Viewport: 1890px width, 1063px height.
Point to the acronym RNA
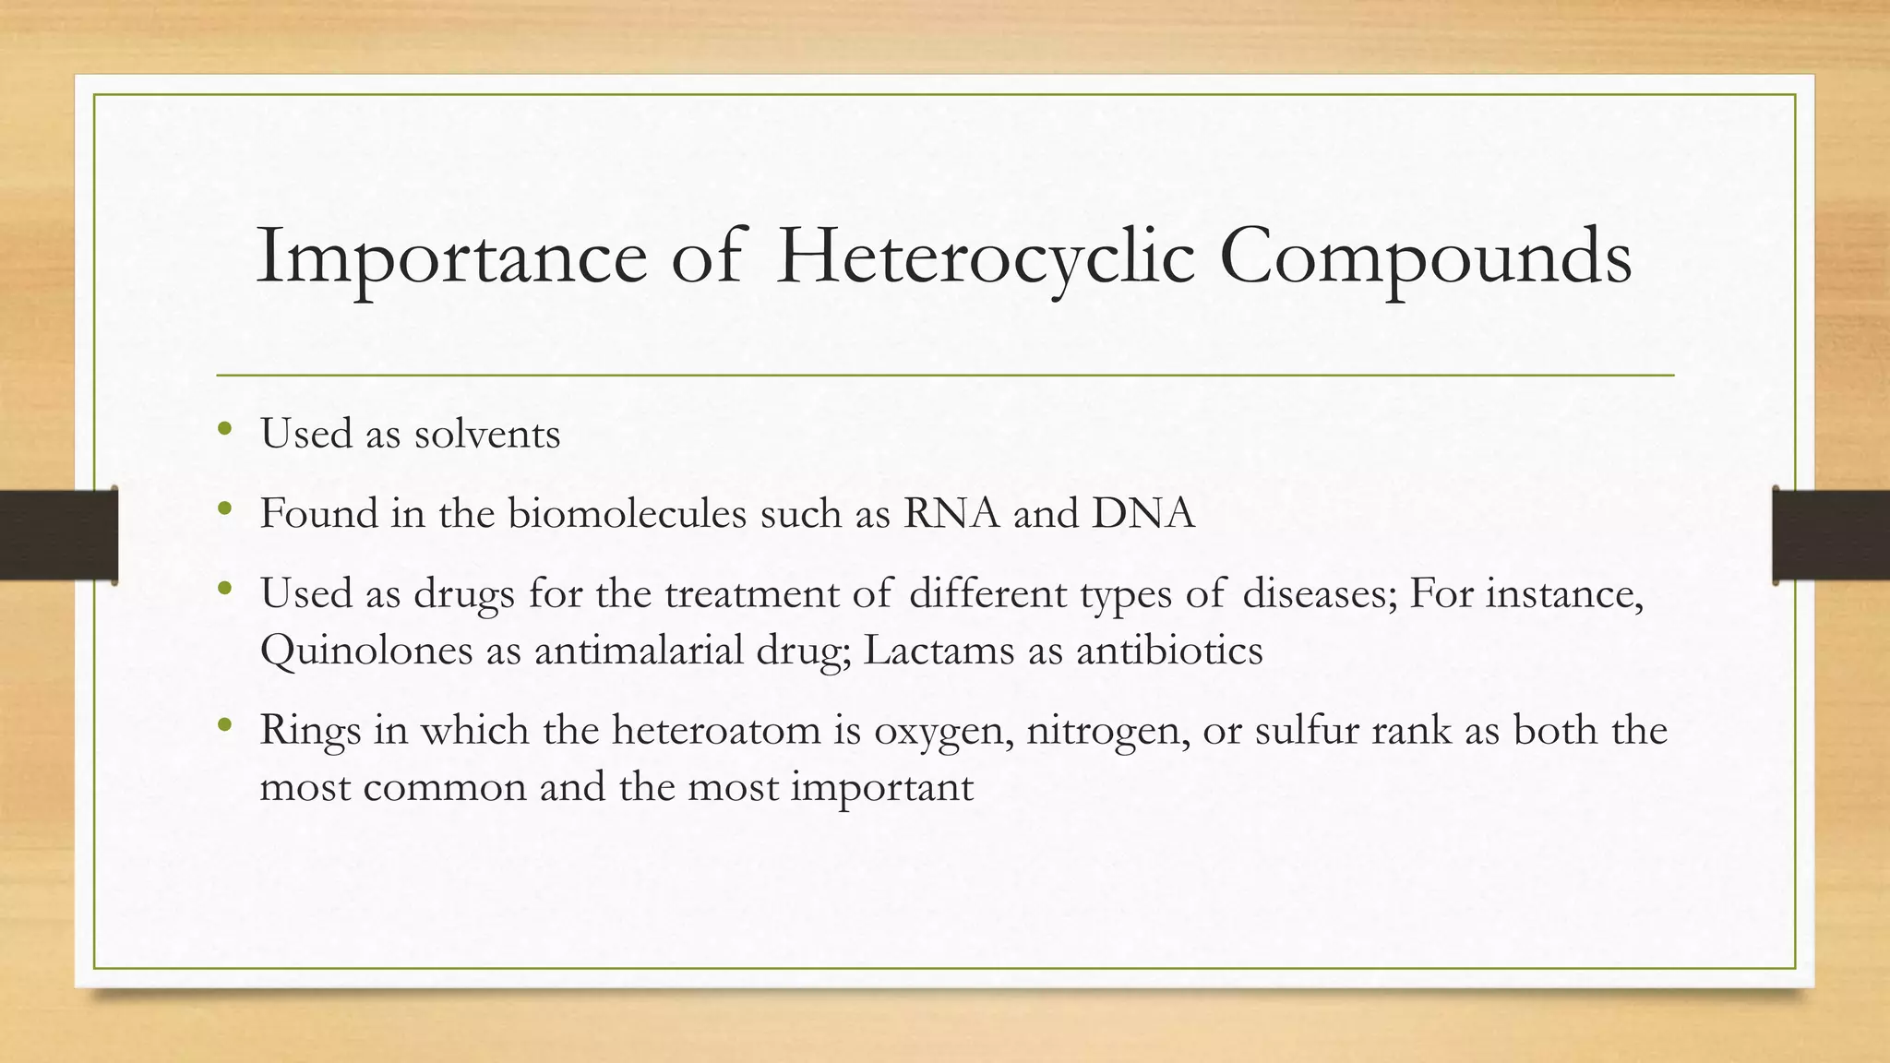click(x=951, y=513)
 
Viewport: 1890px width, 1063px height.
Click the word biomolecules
click(x=627, y=513)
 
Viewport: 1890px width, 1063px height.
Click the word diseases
click(x=1320, y=593)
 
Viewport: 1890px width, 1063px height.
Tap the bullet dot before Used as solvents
click(x=224, y=429)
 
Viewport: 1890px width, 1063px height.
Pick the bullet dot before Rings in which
click(x=224, y=726)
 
